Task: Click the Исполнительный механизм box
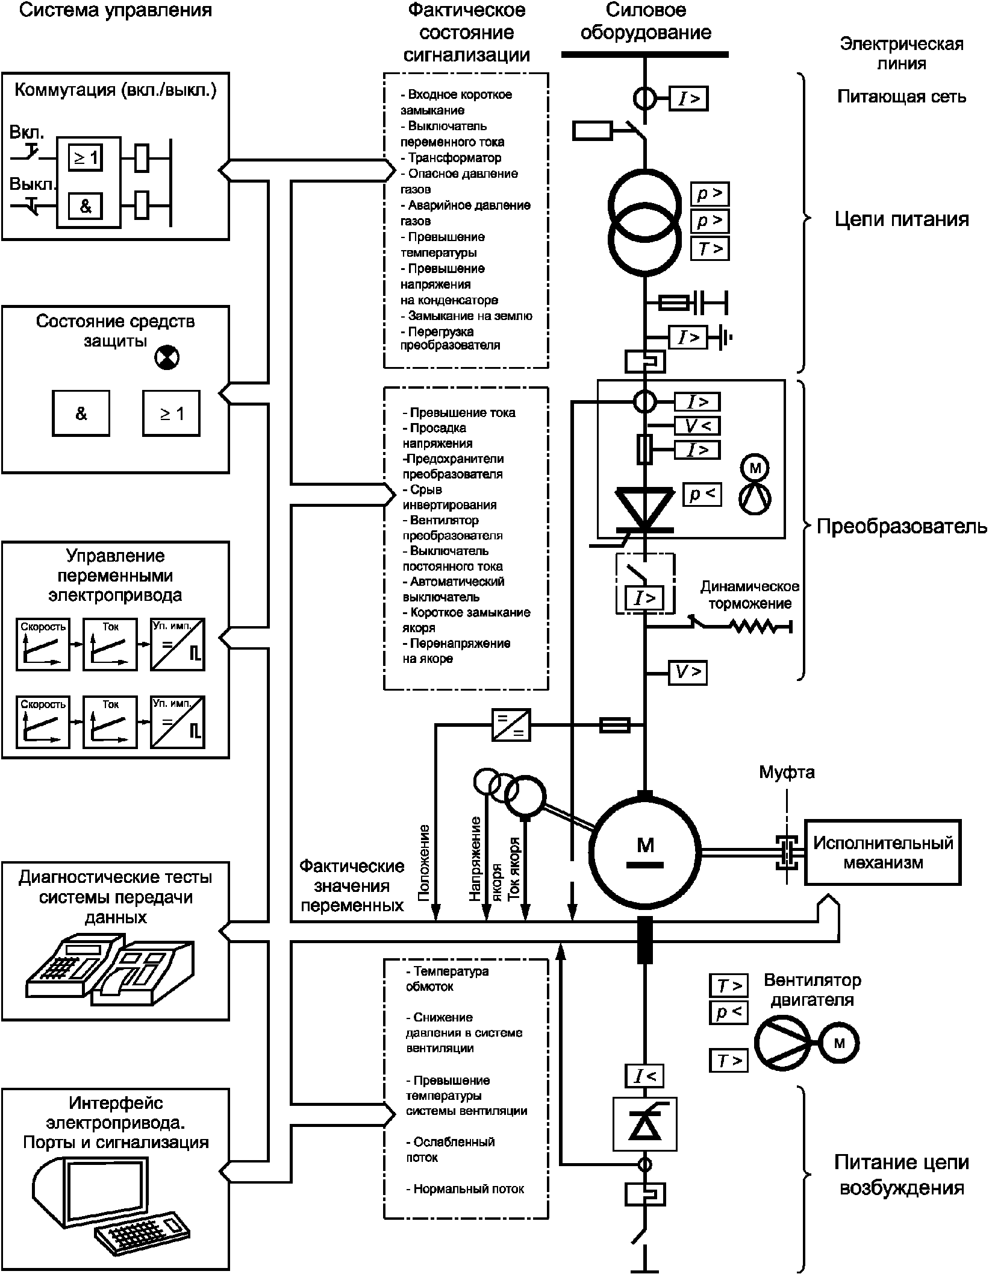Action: tap(882, 852)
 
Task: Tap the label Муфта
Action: tap(787, 772)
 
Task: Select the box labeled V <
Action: tap(697, 426)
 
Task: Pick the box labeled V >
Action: tap(688, 672)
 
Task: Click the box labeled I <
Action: tap(644, 1076)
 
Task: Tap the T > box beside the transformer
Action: tap(710, 248)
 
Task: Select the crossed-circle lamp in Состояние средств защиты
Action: tap(167, 357)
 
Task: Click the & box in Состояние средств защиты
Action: tap(81, 413)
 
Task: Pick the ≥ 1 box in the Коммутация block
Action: tap(85, 158)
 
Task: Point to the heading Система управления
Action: tap(116, 10)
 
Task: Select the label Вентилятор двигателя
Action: tap(813, 990)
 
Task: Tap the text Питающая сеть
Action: tap(902, 96)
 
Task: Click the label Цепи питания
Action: tap(902, 219)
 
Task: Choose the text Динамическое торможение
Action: tap(750, 595)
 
